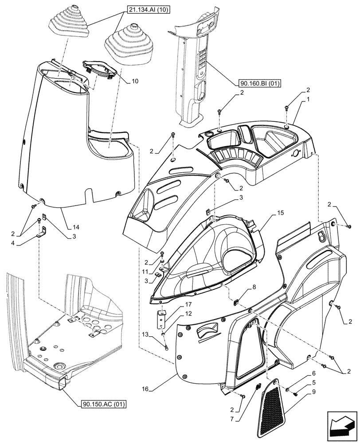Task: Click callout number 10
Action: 123,81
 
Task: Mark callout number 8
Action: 254,288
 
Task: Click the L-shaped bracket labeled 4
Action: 43,233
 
